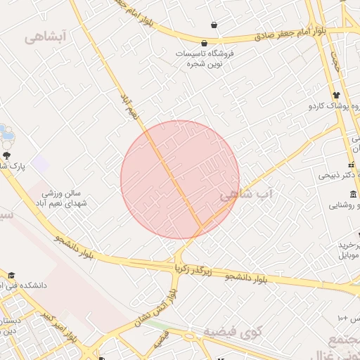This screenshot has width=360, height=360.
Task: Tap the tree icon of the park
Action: coord(7,155)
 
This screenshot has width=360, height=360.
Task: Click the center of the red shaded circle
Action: coord(180,180)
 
